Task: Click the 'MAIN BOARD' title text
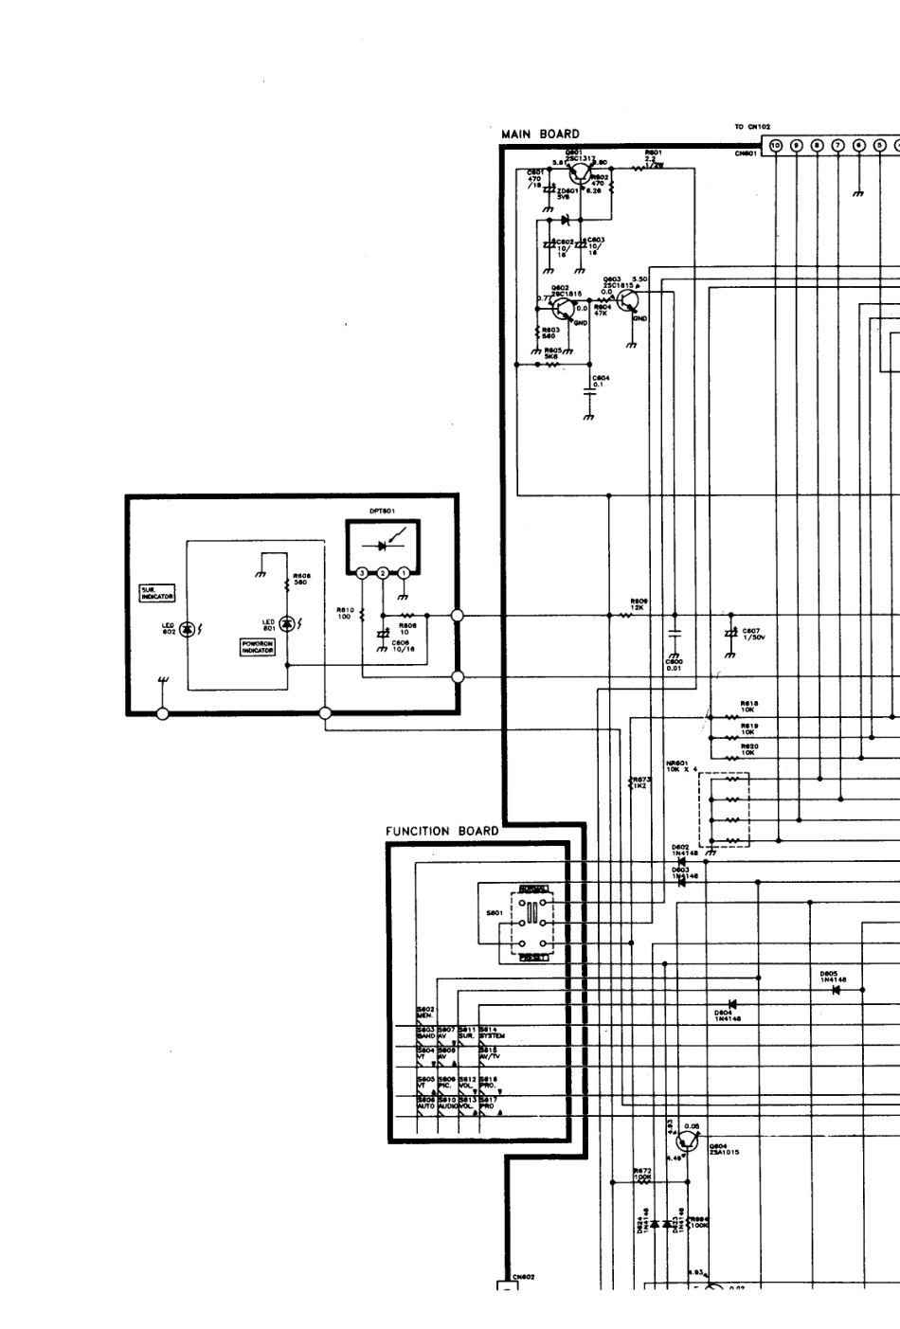540,135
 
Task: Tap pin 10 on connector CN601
776,145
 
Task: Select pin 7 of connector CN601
838,145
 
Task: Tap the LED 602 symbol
188,629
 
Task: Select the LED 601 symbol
286,621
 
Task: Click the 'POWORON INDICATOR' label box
258,647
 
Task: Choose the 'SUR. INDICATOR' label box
157,594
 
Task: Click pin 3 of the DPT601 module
362,572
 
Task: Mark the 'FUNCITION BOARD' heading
441,832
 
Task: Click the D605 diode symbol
836,990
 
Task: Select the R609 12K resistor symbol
625,615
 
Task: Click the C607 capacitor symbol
729,633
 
